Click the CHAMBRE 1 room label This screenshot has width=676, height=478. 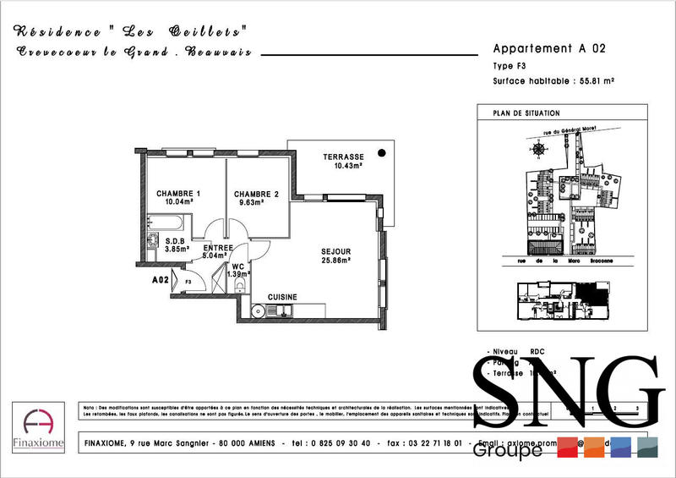177,193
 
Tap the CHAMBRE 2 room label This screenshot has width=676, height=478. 255,193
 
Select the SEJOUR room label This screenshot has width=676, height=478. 335,252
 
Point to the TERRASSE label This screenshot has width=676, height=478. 343,157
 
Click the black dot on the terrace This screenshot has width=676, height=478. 382,153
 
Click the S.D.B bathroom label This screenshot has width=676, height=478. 175,240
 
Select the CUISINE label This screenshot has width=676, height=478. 282,297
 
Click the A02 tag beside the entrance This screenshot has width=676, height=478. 161,279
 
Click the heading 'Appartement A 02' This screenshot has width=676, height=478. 549,48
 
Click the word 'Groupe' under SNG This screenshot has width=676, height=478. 507,451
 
